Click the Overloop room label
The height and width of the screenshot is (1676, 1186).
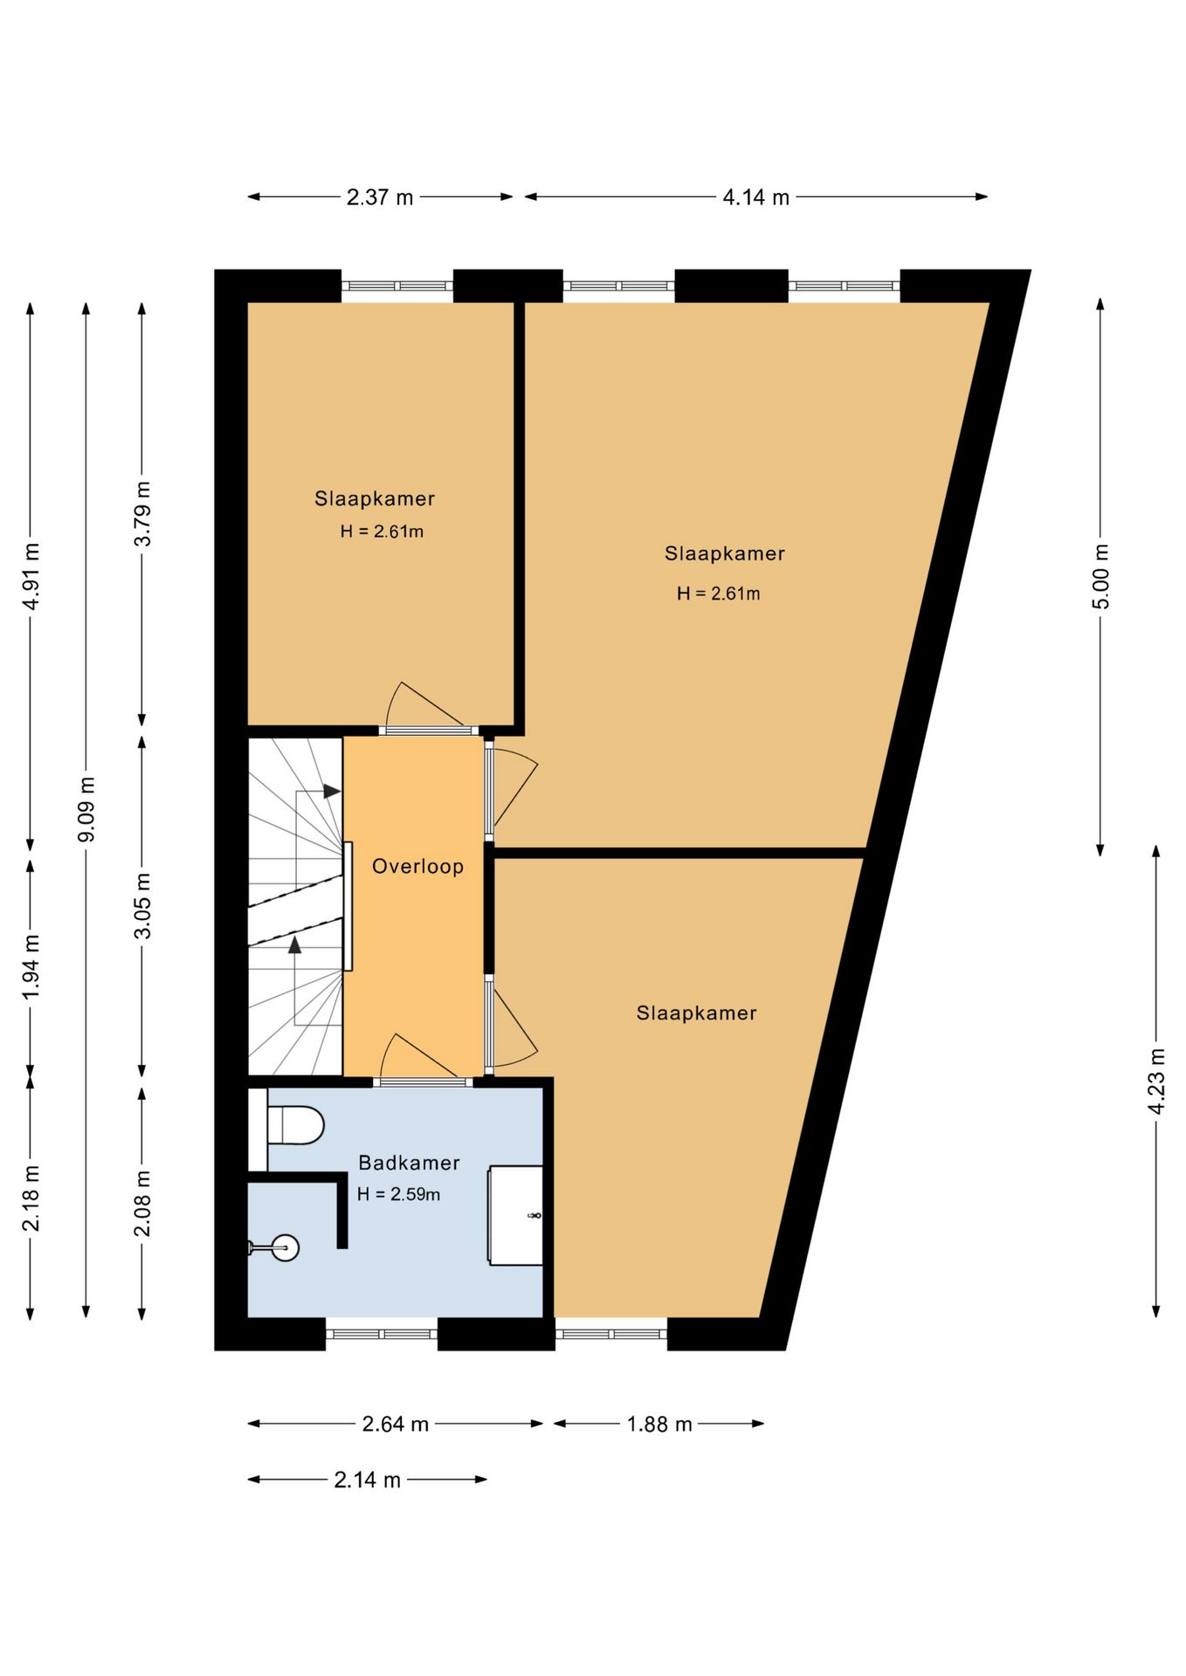(x=417, y=866)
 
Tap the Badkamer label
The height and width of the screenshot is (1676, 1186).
(x=409, y=1163)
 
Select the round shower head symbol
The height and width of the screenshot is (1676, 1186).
(x=285, y=1248)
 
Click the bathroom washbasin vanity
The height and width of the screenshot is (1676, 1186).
(x=515, y=1215)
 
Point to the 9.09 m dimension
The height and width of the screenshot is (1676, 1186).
(x=86, y=809)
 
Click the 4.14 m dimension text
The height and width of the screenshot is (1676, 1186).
(x=755, y=197)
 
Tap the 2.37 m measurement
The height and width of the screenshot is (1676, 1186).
(x=380, y=197)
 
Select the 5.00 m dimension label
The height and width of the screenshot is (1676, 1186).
(x=1100, y=576)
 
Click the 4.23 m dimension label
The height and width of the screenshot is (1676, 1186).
(x=1156, y=1081)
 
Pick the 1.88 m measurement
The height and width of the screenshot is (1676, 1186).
(x=659, y=1425)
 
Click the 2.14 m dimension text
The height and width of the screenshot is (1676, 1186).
(x=367, y=1480)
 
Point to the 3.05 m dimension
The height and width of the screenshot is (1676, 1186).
(x=142, y=905)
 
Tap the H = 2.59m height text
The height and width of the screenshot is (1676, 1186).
(x=398, y=1194)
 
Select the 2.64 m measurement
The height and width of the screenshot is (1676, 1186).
(x=395, y=1425)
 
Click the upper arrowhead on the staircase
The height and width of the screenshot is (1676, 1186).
(x=332, y=792)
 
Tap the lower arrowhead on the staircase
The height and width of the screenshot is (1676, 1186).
(x=295, y=944)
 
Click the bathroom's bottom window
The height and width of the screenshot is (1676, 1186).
(x=382, y=1334)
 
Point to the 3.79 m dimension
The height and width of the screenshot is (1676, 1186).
(x=142, y=513)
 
